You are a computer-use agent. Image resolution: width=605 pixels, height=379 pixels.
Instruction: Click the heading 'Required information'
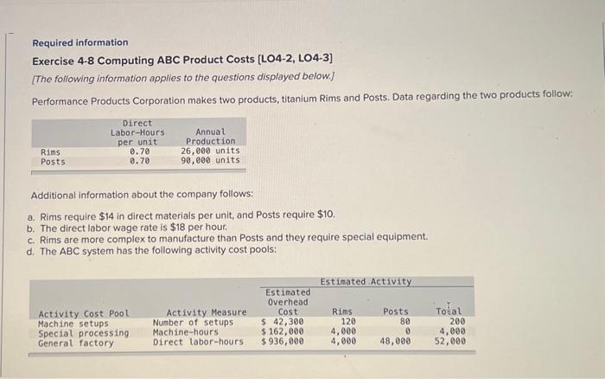[x=80, y=42]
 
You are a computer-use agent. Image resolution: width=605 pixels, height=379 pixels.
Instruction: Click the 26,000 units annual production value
[x=210, y=151]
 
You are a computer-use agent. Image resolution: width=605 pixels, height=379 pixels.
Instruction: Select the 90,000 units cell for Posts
[x=210, y=161]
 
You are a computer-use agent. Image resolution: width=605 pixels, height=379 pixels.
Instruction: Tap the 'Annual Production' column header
[x=210, y=137]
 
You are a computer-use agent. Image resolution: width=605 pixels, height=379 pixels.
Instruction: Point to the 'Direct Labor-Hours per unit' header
[x=137, y=132]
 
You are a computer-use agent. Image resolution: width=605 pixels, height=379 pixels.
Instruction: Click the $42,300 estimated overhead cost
[x=283, y=322]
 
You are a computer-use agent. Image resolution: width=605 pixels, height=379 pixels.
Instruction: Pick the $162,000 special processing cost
[x=283, y=331]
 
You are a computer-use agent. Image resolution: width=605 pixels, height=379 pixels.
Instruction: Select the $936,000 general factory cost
[x=283, y=342]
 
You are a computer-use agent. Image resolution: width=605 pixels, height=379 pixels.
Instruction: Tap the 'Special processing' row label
[x=84, y=331]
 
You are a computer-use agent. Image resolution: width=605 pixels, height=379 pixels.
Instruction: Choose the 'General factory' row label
[x=76, y=342]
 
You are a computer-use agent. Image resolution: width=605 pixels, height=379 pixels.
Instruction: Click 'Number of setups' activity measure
[x=193, y=322]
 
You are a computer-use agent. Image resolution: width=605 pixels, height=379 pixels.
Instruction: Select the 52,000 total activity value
[x=449, y=342]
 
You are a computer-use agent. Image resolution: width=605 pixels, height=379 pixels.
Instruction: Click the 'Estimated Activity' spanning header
[x=366, y=281]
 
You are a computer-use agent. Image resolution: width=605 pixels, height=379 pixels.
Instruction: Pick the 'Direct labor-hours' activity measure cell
[x=198, y=342]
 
